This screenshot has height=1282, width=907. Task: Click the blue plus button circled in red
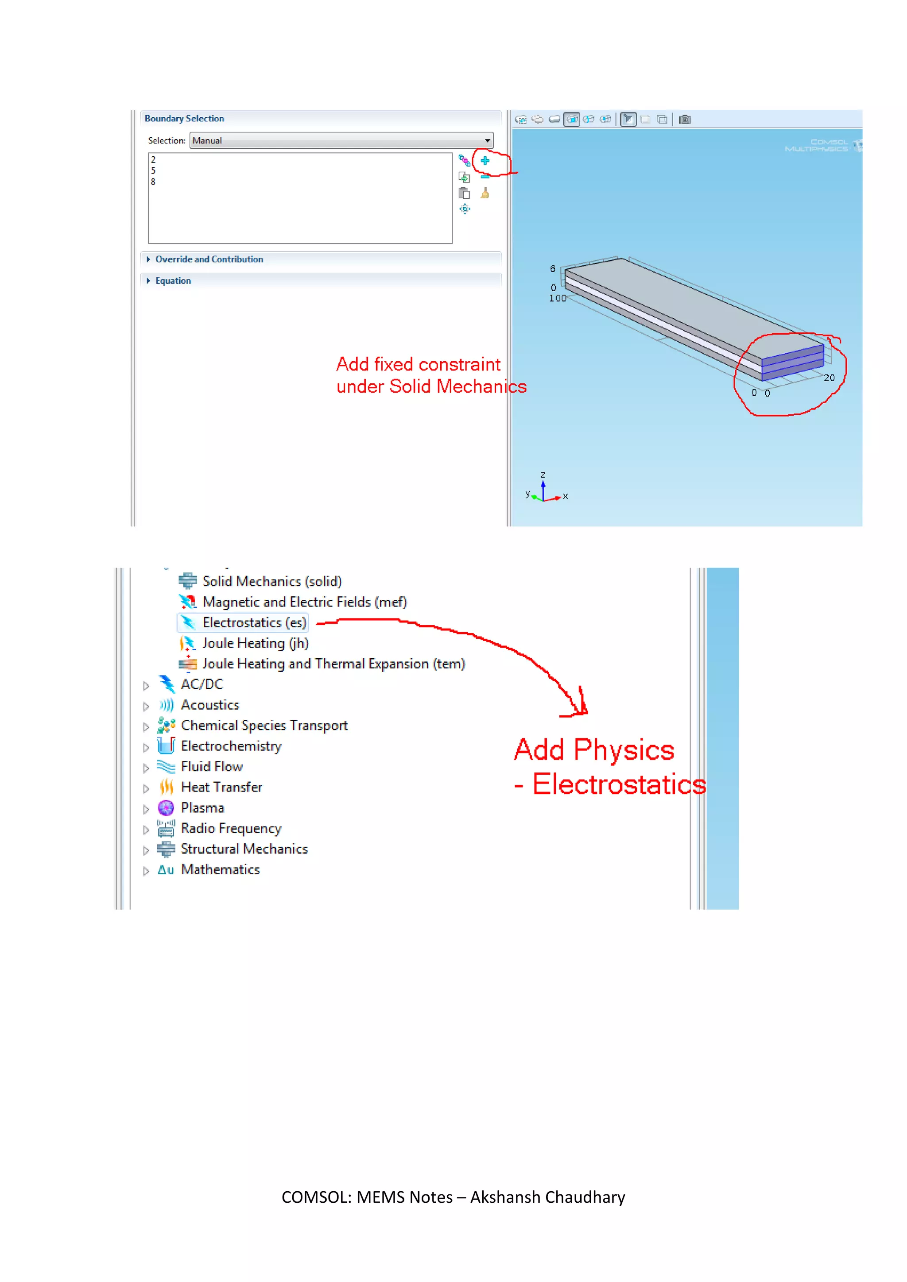point(485,161)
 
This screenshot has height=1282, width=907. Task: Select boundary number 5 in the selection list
point(153,171)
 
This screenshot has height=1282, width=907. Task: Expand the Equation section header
point(173,281)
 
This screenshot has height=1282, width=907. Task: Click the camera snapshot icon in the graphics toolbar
point(685,120)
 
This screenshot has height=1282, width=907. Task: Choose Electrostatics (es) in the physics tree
point(254,622)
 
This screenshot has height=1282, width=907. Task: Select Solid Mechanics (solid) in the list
point(271,581)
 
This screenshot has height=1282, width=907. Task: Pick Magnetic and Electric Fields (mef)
point(304,602)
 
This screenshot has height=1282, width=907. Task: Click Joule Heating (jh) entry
point(255,643)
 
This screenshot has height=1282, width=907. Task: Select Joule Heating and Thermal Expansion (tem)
point(333,664)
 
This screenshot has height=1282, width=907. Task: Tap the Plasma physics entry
point(202,808)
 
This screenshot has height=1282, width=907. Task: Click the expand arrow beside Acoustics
point(146,707)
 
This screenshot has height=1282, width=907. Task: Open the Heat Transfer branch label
point(221,787)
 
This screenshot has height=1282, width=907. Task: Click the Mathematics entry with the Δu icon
point(220,870)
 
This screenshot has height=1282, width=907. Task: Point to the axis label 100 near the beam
point(558,298)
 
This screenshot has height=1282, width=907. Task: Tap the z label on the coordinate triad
point(543,475)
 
